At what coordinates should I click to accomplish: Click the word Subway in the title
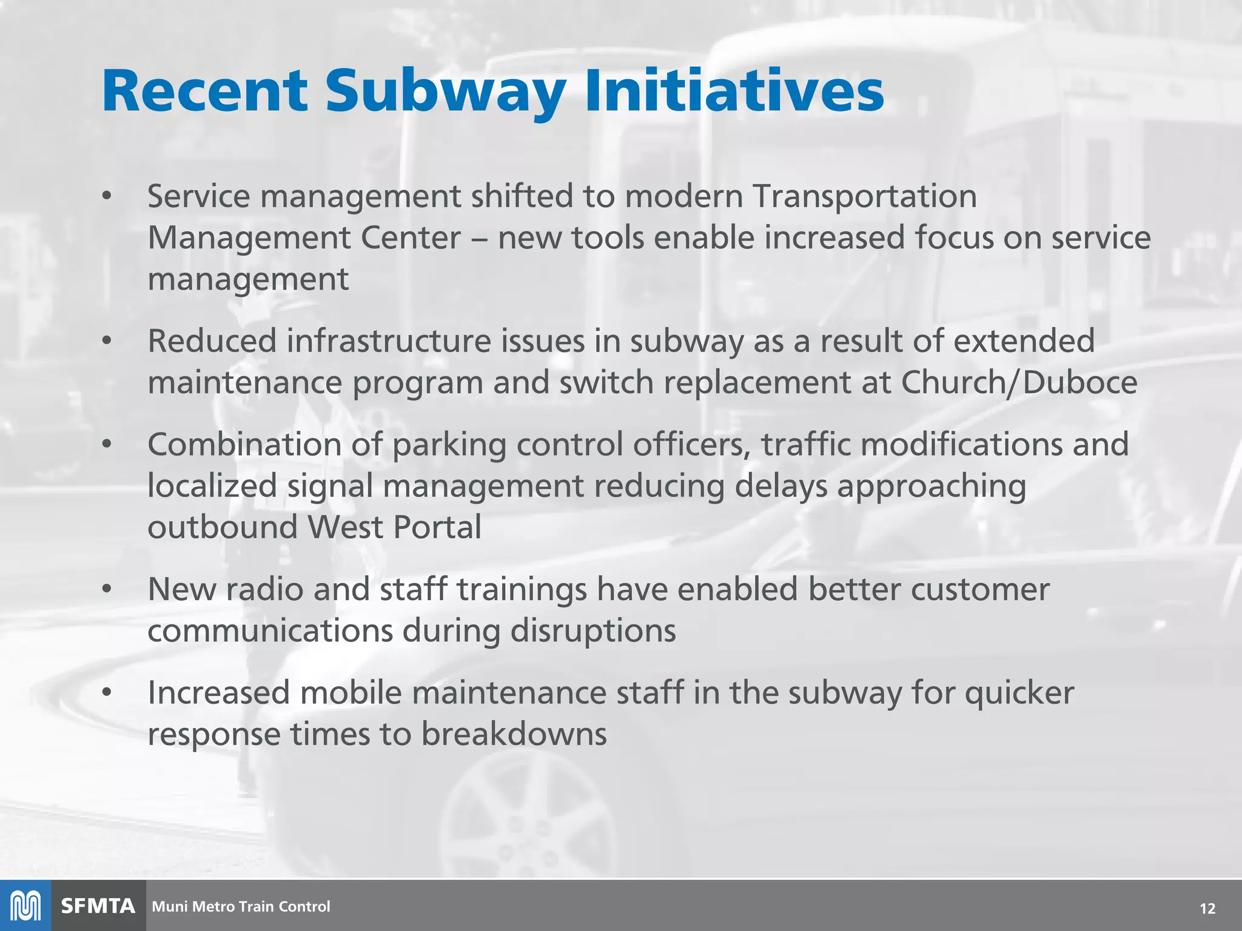446,92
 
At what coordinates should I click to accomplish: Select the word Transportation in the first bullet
864,196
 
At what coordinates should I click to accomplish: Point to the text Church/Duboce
1019,382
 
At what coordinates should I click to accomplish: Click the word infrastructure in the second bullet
388,341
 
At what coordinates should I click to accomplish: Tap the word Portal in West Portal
437,527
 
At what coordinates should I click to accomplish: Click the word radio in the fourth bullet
264,589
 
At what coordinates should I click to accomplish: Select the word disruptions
592,631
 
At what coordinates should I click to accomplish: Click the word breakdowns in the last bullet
514,734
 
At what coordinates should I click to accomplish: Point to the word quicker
1019,693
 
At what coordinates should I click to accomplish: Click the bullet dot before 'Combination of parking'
107,444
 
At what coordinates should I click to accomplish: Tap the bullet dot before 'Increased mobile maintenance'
107,692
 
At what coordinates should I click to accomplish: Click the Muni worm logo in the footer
25,906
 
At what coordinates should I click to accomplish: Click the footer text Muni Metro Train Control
241,907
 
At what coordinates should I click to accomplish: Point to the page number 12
1207,908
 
